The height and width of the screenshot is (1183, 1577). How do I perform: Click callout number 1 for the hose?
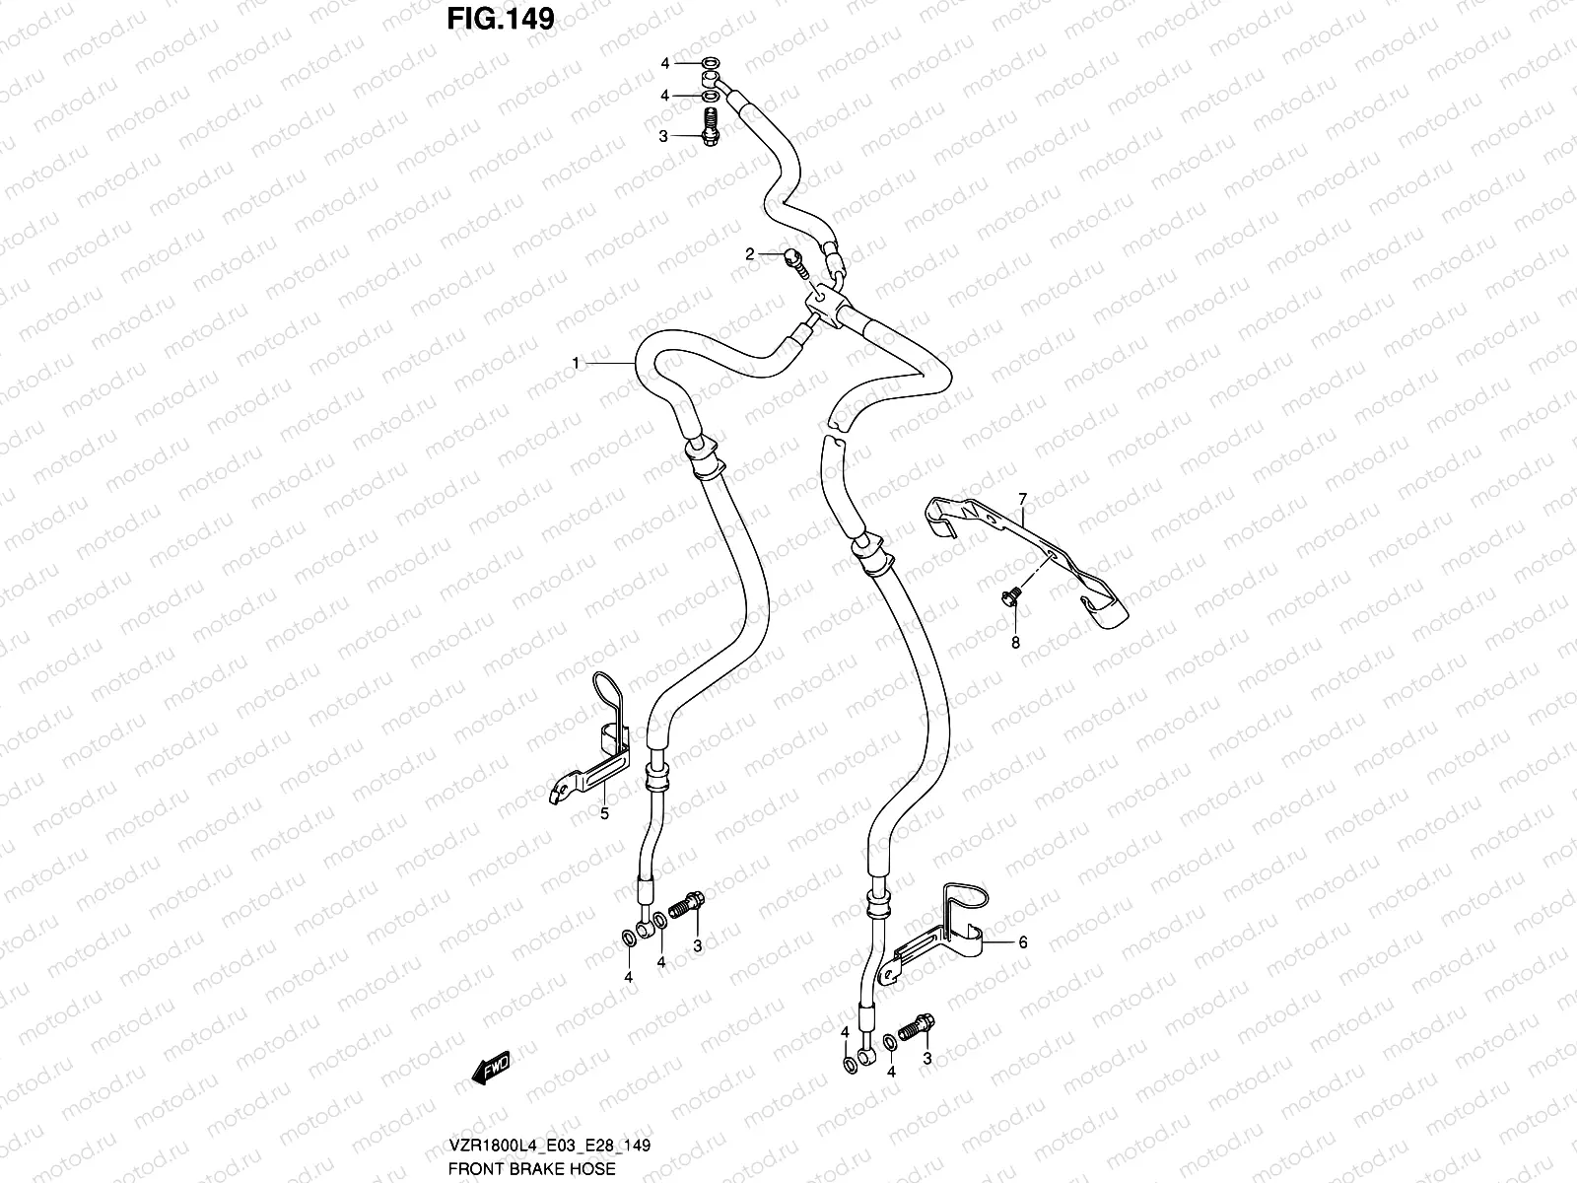click(576, 364)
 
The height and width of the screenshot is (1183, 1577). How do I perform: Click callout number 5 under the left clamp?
click(604, 813)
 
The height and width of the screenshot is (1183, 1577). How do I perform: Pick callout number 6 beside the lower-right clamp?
click(1023, 942)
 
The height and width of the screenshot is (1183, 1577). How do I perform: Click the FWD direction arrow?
click(489, 1069)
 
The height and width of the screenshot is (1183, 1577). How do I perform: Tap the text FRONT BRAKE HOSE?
click(531, 1168)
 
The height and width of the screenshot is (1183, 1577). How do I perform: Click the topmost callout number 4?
click(665, 63)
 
